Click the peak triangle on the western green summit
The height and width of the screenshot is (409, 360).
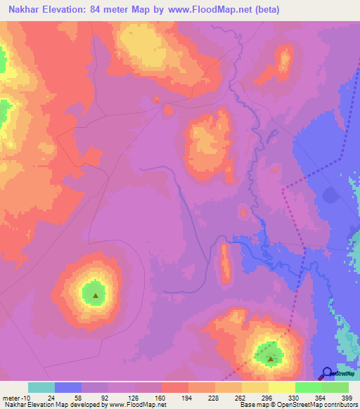click(x=96, y=295)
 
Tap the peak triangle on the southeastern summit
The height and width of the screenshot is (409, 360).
click(x=271, y=358)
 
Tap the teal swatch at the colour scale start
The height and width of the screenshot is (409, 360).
click(x=41, y=387)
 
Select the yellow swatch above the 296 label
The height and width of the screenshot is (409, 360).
click(x=255, y=387)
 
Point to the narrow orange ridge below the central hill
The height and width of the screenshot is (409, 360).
click(x=226, y=261)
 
